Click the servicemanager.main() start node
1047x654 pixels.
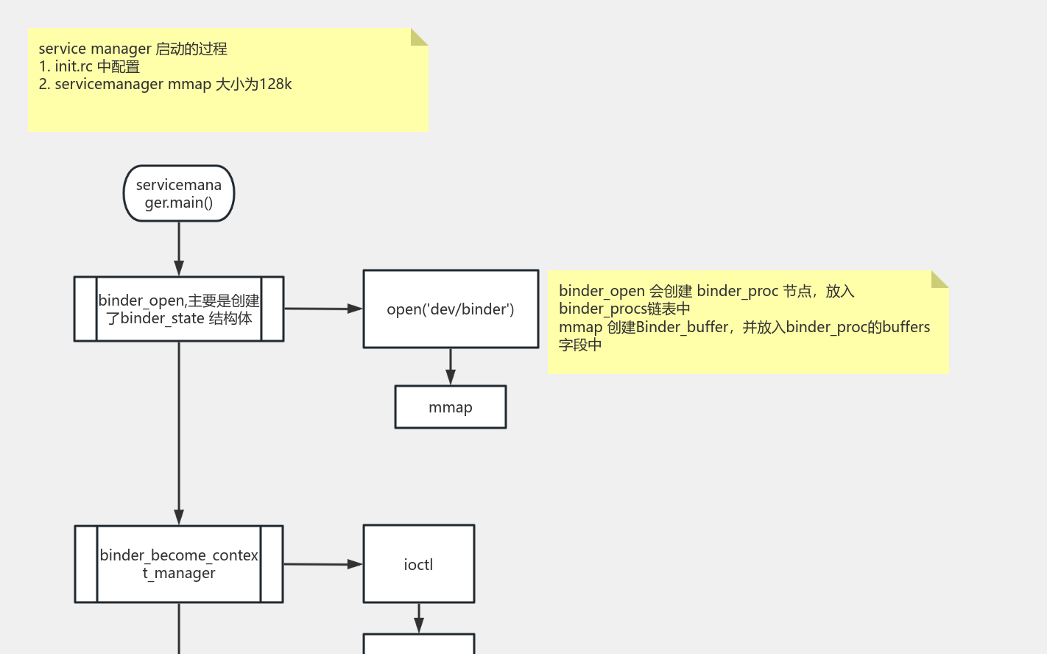pos(179,194)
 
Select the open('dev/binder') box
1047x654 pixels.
pos(451,309)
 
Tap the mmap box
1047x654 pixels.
pos(451,407)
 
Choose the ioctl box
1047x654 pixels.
pos(418,564)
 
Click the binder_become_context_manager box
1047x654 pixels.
pos(179,564)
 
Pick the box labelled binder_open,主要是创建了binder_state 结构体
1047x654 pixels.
pos(179,309)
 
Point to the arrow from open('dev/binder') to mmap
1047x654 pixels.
pos(451,366)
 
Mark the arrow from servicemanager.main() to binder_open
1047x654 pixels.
pos(179,248)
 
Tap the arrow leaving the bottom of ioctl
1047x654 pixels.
pos(419,618)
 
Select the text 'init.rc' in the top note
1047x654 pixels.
pos(74,67)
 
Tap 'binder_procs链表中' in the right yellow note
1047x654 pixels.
pos(624,309)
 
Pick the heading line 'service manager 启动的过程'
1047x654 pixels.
pos(133,49)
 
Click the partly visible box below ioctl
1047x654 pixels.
pos(418,644)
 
